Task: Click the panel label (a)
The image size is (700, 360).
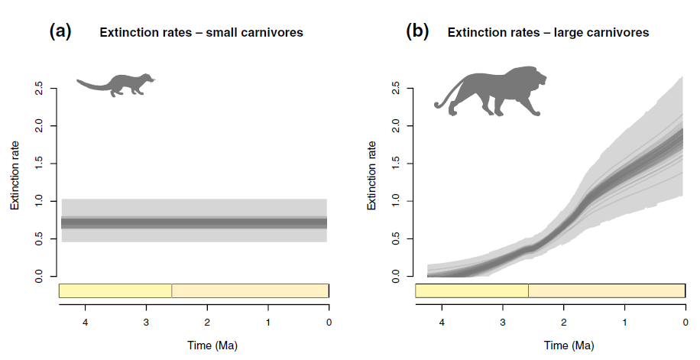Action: coord(60,31)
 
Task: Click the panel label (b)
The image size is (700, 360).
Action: coord(417,31)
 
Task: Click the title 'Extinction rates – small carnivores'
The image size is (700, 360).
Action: coord(201,33)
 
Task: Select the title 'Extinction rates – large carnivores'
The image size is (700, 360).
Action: coord(548,33)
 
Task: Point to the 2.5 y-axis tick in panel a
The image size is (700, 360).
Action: coord(38,89)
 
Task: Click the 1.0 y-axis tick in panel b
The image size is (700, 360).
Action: coord(395,201)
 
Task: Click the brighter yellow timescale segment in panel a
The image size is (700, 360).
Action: coord(115,290)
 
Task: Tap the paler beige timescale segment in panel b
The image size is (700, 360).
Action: coord(606,290)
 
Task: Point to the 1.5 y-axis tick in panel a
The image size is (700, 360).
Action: coord(38,164)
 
